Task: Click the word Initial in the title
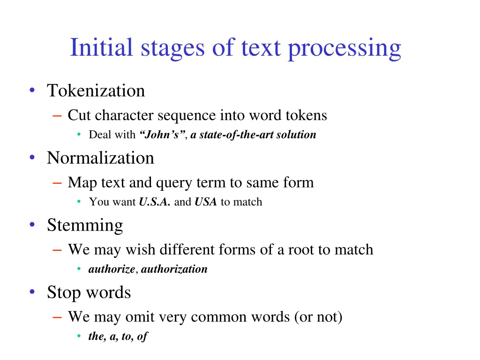(x=100, y=48)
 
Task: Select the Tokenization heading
(x=96, y=90)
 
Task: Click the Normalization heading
(x=100, y=158)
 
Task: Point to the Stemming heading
(x=85, y=225)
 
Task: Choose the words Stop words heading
(x=89, y=292)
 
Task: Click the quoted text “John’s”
(x=159, y=135)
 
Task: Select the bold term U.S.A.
(x=155, y=202)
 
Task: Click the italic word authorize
(x=112, y=269)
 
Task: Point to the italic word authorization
(x=174, y=269)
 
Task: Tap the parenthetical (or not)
(x=318, y=317)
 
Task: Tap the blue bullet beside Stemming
(x=32, y=225)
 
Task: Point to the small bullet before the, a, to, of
(x=80, y=337)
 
